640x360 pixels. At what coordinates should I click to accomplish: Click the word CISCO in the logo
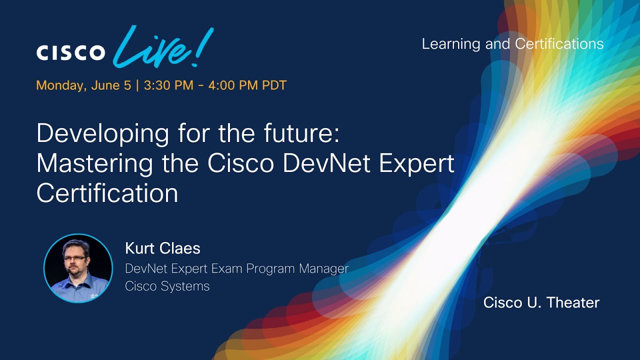click(x=70, y=52)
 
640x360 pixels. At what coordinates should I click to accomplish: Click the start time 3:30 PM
click(x=168, y=85)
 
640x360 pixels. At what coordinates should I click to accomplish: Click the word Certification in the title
click(x=107, y=193)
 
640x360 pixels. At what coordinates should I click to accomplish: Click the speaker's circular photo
click(x=78, y=268)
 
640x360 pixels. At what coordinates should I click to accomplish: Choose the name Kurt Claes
click(x=162, y=248)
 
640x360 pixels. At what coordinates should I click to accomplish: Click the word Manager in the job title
click(x=323, y=268)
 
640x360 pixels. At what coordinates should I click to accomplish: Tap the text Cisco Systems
click(x=167, y=286)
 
